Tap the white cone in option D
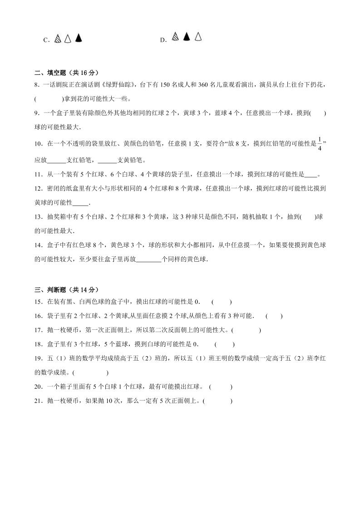[x=198, y=37]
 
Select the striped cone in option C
[x=57, y=39]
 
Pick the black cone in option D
[x=186, y=37]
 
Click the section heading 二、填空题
[x=66, y=73]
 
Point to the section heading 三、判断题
[x=66, y=289]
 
